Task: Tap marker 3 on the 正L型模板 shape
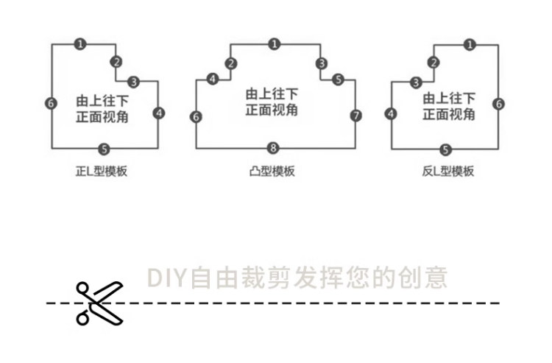tap(133, 81)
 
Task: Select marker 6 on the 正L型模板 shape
tap(51, 103)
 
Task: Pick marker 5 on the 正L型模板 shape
tap(104, 149)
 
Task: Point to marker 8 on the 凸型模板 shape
tap(274, 149)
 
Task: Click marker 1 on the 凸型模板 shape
tap(274, 44)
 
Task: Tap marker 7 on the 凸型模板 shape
tap(356, 116)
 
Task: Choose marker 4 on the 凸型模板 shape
tap(213, 79)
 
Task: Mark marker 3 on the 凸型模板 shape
tap(321, 63)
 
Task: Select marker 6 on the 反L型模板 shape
tap(499, 103)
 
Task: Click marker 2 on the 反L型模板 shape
tap(434, 63)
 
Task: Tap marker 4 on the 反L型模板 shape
tap(391, 113)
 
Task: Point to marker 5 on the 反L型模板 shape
tap(445, 149)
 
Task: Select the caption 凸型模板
tap(272, 172)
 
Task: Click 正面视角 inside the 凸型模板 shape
tap(271, 110)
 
